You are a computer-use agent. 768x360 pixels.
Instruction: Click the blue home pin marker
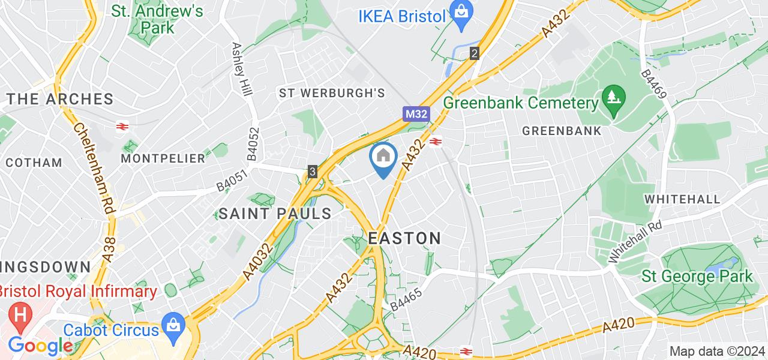[x=383, y=158]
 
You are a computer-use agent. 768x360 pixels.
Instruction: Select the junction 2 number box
[x=475, y=53]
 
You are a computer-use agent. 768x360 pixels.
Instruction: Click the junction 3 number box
[x=313, y=172]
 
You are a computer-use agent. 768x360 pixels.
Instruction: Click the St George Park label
[x=697, y=277]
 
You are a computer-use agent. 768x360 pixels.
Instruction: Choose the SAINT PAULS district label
[x=275, y=213]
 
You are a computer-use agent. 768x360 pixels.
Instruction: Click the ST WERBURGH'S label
[x=331, y=93]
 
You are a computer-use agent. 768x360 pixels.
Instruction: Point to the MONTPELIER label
[x=163, y=158]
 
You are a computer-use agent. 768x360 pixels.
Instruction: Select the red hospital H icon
[x=20, y=315]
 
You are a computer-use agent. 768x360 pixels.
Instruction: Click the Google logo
[x=40, y=346]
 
